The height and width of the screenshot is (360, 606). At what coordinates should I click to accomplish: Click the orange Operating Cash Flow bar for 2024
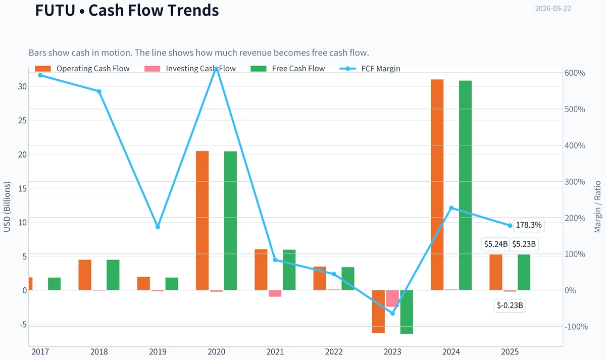(x=437, y=185)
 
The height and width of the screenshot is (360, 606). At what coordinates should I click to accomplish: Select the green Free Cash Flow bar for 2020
(x=230, y=221)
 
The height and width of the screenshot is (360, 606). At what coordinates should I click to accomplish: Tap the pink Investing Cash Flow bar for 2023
(x=392, y=298)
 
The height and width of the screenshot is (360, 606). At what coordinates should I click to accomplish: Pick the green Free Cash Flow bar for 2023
(x=407, y=312)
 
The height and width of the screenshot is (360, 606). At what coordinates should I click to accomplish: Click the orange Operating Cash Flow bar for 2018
(x=85, y=275)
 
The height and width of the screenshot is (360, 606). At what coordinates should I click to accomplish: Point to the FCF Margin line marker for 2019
(x=158, y=227)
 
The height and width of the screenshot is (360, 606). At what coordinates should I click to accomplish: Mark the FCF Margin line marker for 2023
(x=392, y=314)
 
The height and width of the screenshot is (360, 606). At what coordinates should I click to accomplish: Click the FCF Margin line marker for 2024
(x=451, y=208)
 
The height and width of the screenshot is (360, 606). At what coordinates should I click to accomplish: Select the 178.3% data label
(x=529, y=225)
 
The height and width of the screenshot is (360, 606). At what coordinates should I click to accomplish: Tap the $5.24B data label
(x=495, y=244)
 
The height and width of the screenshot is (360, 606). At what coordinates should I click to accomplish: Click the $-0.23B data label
(x=510, y=305)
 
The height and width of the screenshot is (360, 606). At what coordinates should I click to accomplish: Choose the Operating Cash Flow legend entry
(x=82, y=69)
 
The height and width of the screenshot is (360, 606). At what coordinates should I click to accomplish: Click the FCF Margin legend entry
(x=370, y=69)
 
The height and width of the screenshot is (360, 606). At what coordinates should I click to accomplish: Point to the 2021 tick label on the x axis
(x=275, y=351)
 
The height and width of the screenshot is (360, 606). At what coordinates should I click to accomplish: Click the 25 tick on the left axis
(x=22, y=120)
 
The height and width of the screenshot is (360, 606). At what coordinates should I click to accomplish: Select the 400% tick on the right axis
(x=575, y=145)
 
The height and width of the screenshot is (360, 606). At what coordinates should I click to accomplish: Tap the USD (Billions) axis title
(x=7, y=207)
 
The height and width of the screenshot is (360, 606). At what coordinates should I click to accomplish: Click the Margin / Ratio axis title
(x=597, y=207)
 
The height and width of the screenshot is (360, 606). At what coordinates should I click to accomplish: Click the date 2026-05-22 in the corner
(x=553, y=9)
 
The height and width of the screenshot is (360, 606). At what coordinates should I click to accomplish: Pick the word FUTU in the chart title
(x=55, y=10)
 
